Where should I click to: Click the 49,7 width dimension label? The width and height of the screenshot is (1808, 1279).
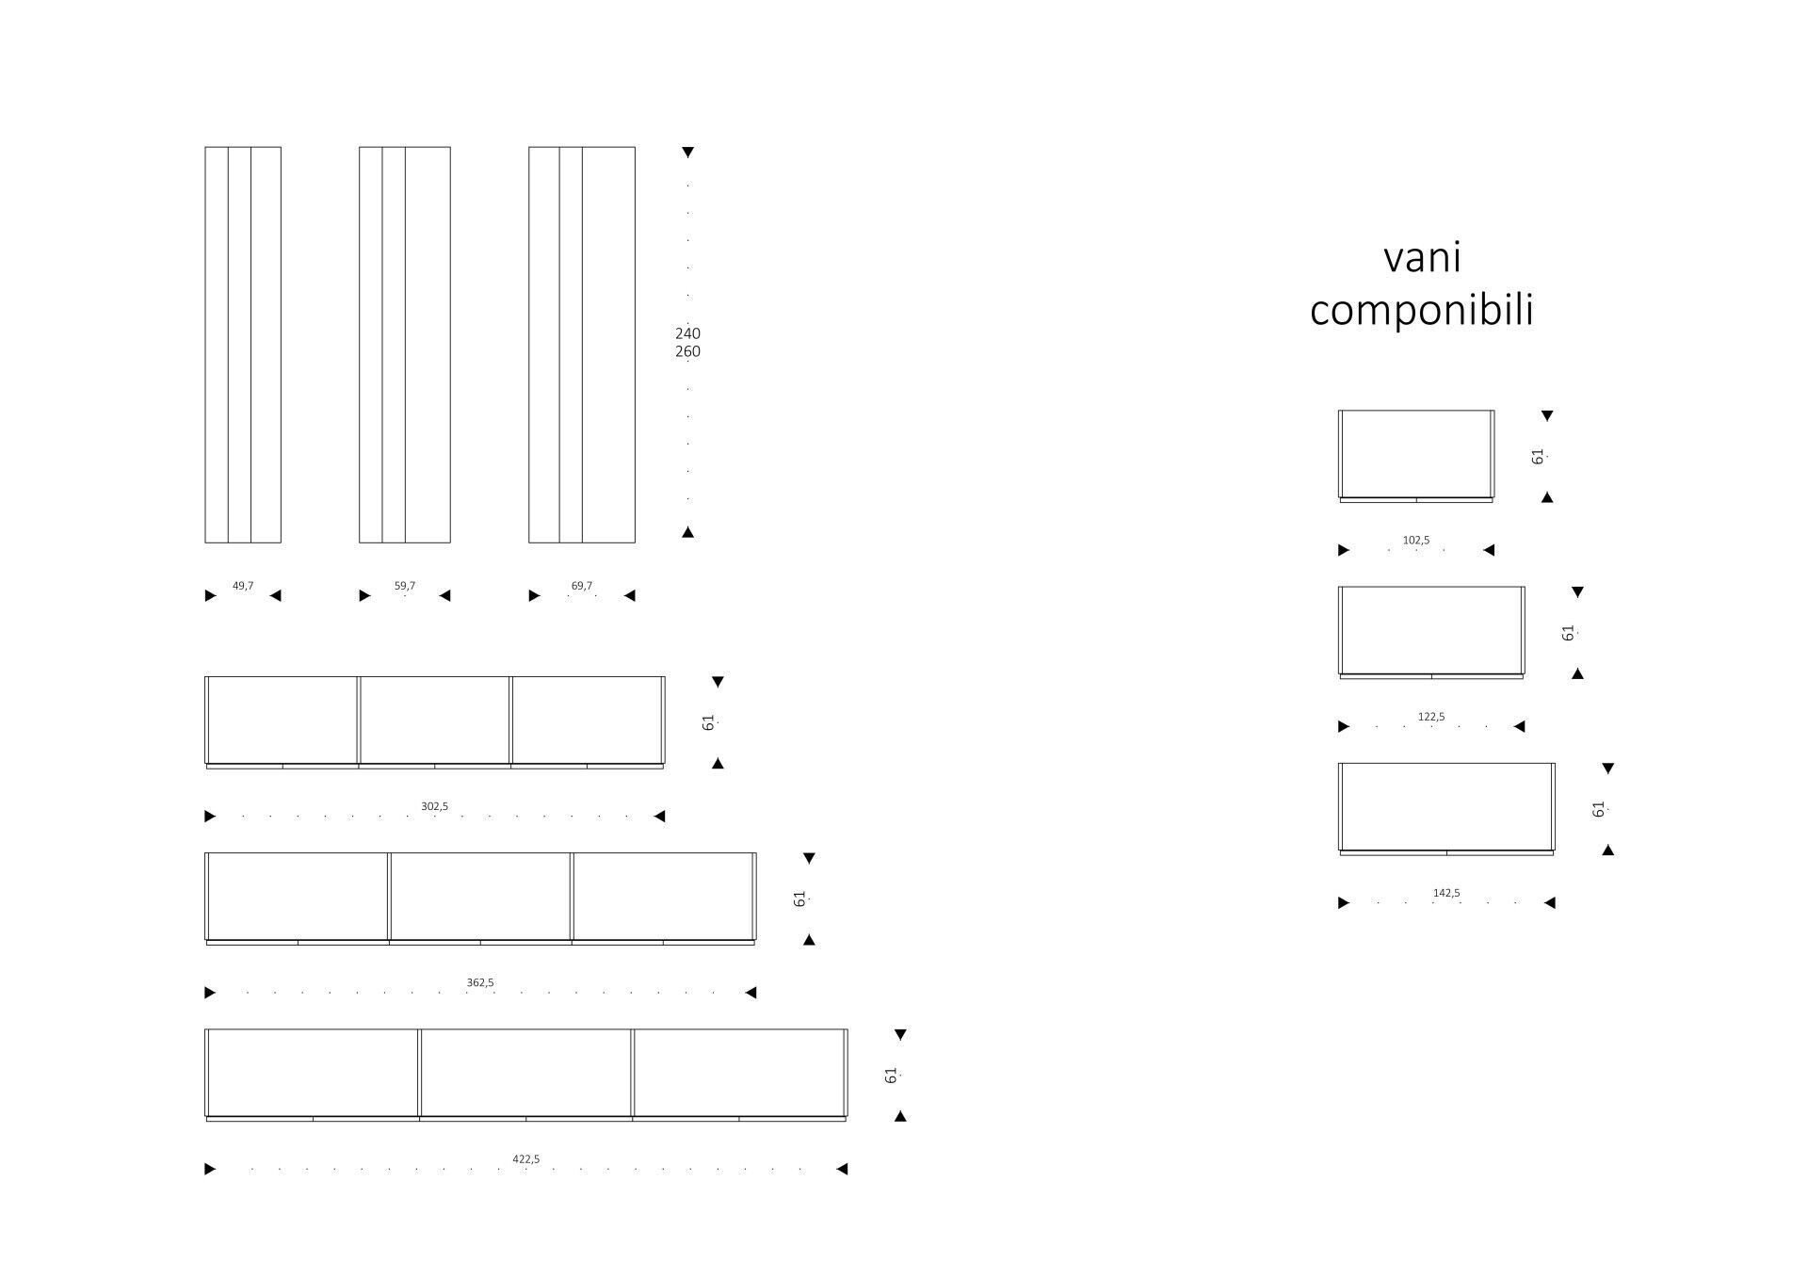point(243,586)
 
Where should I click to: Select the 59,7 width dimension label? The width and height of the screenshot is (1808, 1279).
point(405,586)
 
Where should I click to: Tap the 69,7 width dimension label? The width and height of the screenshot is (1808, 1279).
point(582,586)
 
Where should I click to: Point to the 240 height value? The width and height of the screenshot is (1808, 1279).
point(687,333)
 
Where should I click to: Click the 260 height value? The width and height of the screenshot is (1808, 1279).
point(687,351)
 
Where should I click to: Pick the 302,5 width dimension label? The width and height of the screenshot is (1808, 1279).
point(434,806)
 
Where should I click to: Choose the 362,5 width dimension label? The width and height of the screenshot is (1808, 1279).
point(480,982)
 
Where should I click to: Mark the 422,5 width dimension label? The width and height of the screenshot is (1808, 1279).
point(525,1159)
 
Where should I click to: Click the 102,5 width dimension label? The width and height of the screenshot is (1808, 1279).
point(1416,541)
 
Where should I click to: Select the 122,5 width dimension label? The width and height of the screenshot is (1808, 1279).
point(1431,717)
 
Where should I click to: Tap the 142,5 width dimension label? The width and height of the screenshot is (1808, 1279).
point(1446,893)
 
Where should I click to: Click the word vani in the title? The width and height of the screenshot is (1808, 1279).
point(1422,258)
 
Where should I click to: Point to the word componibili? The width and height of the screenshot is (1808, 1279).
point(1422,311)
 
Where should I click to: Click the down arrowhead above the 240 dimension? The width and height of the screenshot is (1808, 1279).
point(687,152)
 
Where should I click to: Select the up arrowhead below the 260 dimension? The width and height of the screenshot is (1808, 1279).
point(687,532)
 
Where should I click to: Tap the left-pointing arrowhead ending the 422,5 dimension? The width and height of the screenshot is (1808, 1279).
point(842,1169)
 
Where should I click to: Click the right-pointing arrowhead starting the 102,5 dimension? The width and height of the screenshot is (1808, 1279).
point(1344,550)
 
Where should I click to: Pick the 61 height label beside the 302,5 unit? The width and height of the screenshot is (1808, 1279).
point(708,722)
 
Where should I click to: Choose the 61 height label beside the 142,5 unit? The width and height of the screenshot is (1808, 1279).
point(1598,809)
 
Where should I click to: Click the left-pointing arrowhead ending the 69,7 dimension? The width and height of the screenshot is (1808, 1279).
point(630,595)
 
